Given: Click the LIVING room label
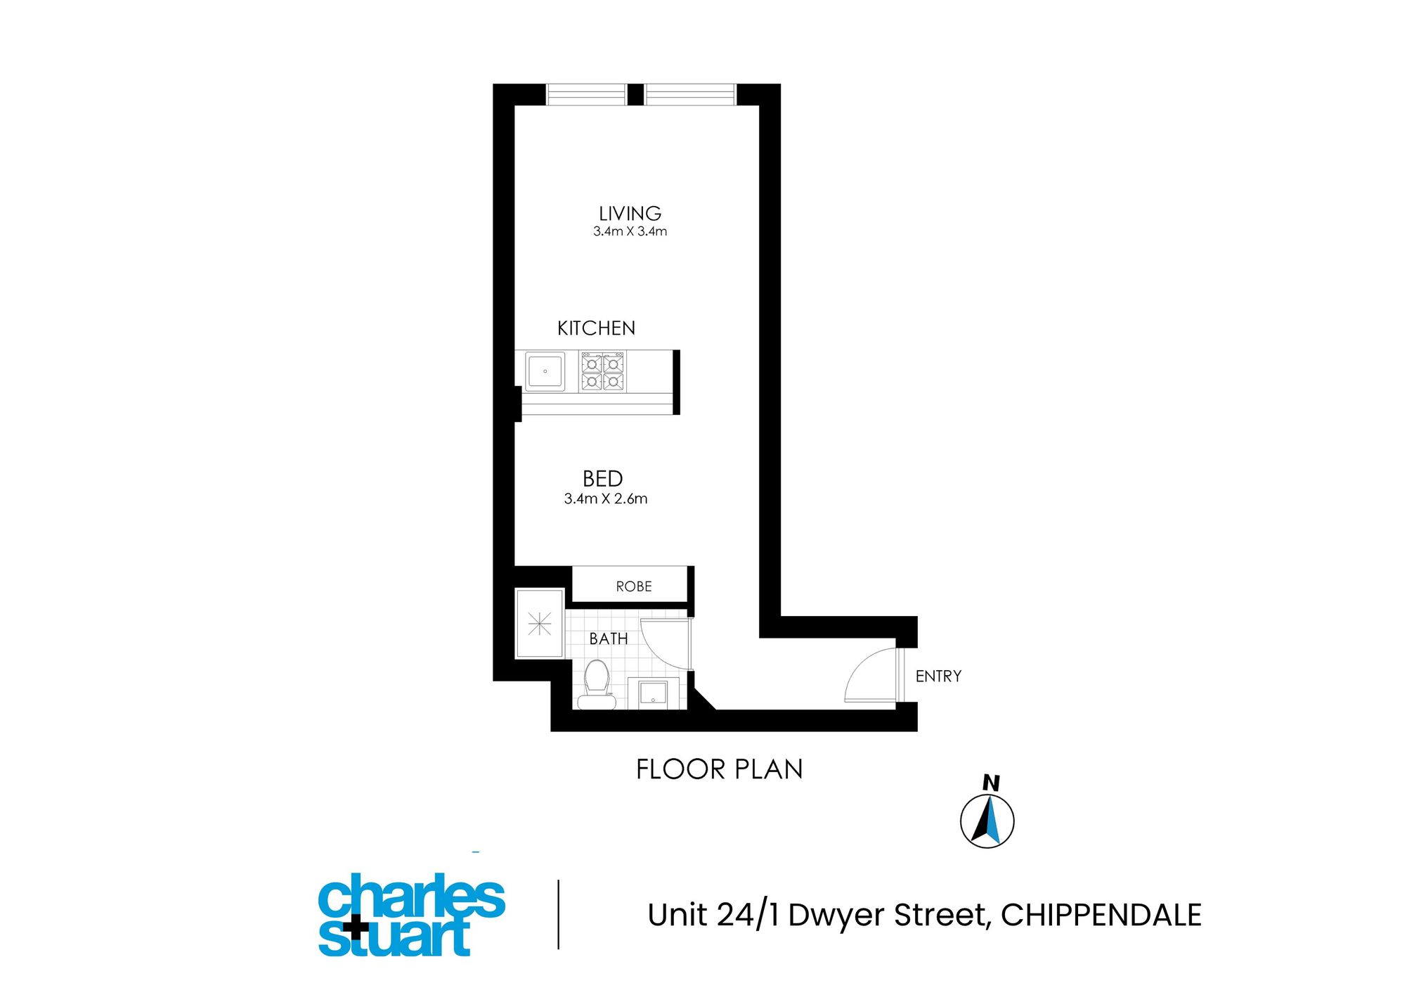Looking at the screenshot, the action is (x=630, y=213).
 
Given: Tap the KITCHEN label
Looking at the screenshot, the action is (x=596, y=328).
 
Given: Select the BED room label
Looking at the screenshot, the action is (x=602, y=479).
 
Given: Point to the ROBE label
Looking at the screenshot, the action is (x=633, y=586).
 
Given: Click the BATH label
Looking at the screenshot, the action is (x=609, y=638).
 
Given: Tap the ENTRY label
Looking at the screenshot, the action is (x=938, y=676).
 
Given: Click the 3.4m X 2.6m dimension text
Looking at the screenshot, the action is (x=605, y=499).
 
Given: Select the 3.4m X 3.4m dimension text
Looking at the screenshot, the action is (x=630, y=231).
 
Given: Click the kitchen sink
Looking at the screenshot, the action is (x=545, y=371).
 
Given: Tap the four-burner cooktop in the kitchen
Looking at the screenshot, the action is (x=602, y=372).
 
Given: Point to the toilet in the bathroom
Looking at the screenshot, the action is (x=597, y=684).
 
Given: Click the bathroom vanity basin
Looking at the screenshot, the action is (x=653, y=693).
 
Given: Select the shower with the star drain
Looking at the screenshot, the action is (x=539, y=624).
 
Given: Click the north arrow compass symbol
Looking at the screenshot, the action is (x=987, y=821).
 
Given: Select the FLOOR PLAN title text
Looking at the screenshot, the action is (x=719, y=769).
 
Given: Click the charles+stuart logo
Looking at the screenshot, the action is (x=412, y=915).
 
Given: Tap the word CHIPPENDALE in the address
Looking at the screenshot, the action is (x=1101, y=915).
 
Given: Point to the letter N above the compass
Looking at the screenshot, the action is (x=991, y=783).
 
